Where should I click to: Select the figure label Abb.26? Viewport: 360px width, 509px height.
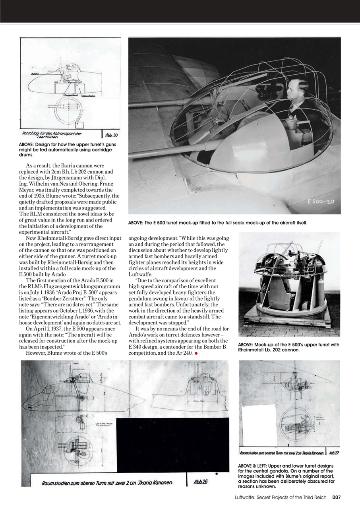coord(200,482)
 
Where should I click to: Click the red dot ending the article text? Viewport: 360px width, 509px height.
coord(196,353)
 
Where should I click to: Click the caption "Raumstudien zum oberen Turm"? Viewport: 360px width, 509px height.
coord(79,483)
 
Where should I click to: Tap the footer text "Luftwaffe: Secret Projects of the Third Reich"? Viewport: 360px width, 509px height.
coord(281,497)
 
